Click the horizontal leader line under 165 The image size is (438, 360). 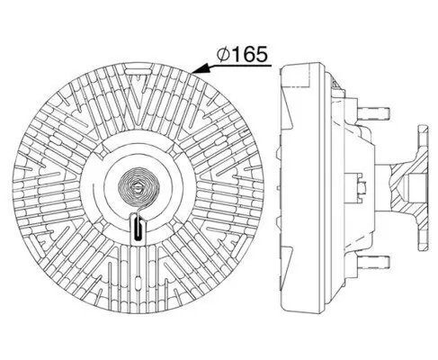coord(238,66)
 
